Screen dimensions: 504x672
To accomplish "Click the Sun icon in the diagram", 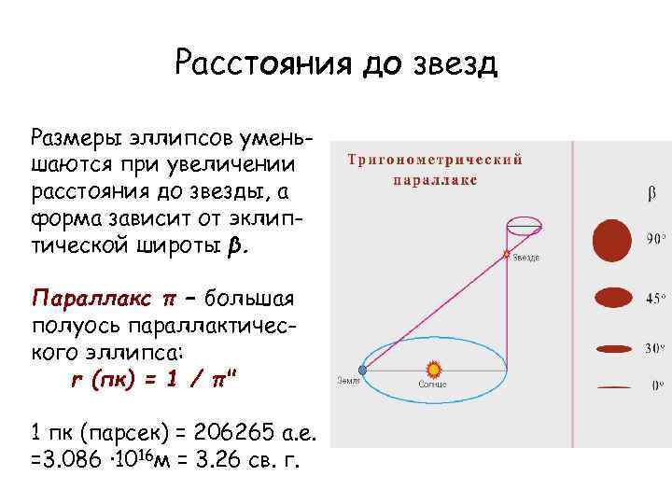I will (433, 370).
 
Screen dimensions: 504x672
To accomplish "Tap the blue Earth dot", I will (362, 371).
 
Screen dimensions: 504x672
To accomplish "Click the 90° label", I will (656, 238).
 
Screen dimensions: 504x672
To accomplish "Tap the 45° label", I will (656, 298).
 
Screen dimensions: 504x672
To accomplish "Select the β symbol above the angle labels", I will (651, 195).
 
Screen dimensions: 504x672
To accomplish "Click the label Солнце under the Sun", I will (433, 385).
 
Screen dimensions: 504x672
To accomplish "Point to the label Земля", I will (347, 381).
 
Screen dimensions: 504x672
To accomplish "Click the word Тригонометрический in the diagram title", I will (436, 160).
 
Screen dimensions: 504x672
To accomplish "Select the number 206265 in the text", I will (228, 434).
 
